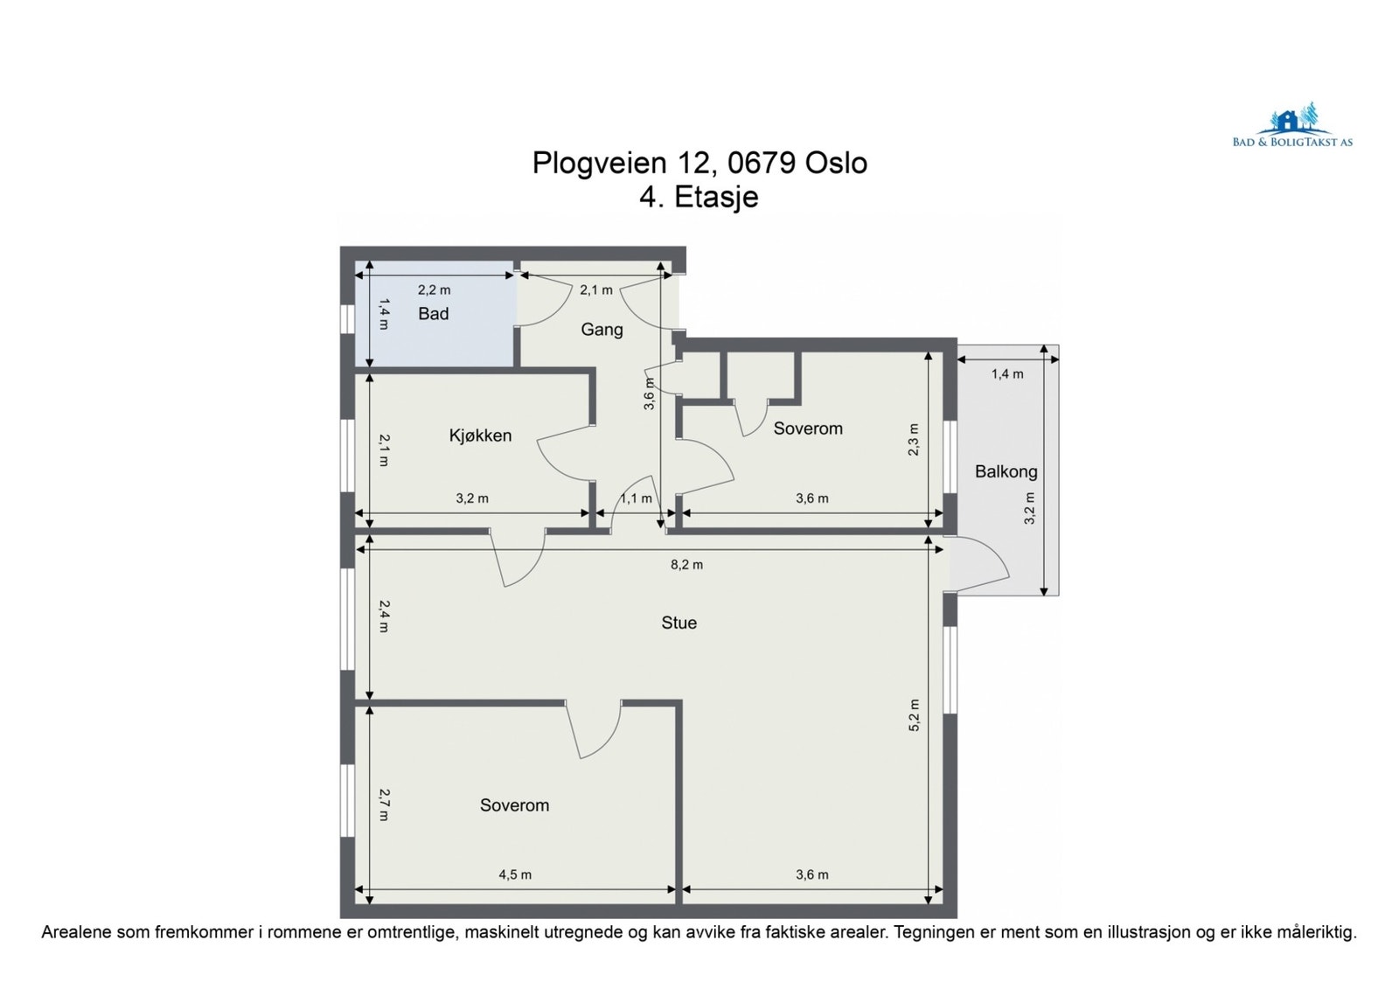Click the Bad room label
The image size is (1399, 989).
433,314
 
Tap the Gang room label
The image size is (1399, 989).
602,330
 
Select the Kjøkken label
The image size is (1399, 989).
480,435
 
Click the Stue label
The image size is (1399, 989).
679,623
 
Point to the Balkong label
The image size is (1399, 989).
1006,472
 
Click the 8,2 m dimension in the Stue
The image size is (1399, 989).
686,565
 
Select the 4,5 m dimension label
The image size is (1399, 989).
515,874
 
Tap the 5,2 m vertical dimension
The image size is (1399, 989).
915,715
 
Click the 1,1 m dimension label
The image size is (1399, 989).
636,498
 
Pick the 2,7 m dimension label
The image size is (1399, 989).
383,804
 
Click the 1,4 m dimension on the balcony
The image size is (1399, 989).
1006,374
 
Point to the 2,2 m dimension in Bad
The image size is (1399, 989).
434,289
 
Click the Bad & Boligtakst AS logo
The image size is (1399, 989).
1292,128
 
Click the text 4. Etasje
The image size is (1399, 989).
699,197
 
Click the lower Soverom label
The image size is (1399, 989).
514,805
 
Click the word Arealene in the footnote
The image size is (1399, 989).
76,933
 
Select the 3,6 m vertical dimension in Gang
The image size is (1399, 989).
649,394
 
